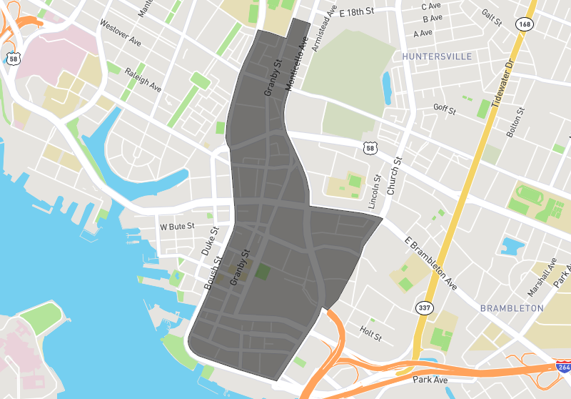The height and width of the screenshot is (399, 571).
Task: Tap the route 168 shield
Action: (527, 24)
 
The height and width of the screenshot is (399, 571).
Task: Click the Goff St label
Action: (444, 108)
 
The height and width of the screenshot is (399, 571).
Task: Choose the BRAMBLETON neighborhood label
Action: (512, 308)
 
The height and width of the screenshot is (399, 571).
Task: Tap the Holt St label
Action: (371, 332)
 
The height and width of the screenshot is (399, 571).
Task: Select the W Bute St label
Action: (177, 227)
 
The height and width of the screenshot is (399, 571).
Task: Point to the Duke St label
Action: (208, 242)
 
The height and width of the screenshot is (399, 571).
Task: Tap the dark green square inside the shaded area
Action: (263, 271)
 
